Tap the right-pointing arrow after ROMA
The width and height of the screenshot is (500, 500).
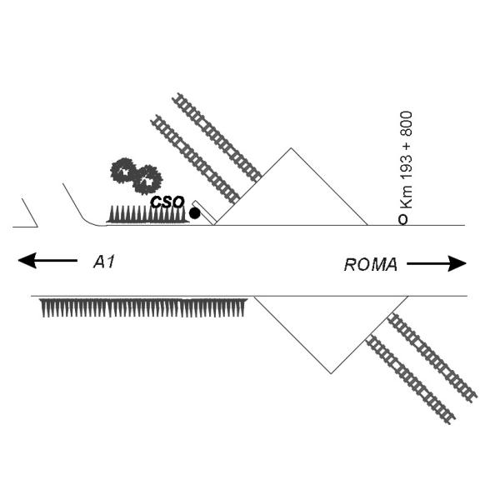[x=437, y=264]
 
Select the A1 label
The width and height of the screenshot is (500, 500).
[x=103, y=262]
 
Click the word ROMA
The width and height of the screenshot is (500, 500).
[x=371, y=265]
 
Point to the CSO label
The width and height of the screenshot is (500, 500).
[x=167, y=202]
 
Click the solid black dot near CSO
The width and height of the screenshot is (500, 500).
[x=195, y=213]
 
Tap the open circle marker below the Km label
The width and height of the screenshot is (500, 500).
[x=403, y=220]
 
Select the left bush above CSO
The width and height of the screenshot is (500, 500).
[x=124, y=172]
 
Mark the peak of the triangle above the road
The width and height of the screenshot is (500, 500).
[x=290, y=149]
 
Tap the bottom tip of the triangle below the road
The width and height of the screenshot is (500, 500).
[x=331, y=372]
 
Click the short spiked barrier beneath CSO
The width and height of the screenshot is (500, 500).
[x=146, y=215]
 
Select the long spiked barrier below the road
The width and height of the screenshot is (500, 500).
[x=143, y=308]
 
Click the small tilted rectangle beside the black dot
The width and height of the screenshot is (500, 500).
[x=204, y=212]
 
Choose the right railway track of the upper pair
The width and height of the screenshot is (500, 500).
[x=217, y=137]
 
